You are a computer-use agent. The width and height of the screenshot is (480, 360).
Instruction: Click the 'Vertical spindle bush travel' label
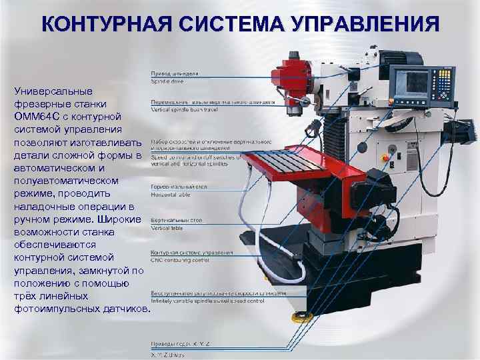190,109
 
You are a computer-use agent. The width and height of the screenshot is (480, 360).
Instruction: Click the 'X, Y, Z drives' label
169,351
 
